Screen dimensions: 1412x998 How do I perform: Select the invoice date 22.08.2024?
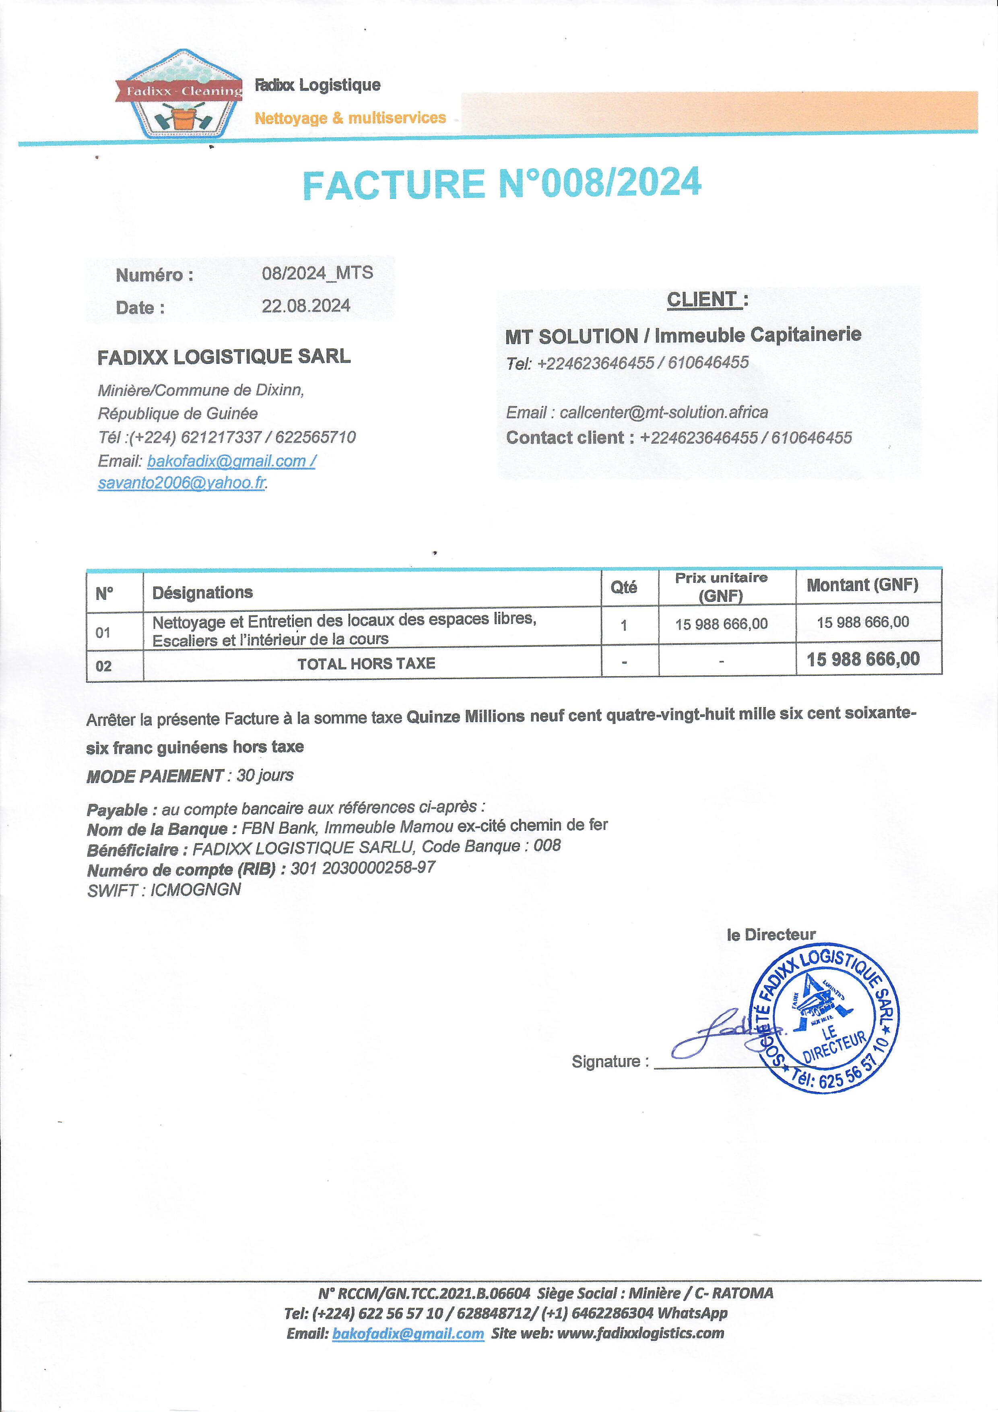click(x=305, y=306)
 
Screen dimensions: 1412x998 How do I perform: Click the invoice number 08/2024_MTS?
click(x=317, y=273)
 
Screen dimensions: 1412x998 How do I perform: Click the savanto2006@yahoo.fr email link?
click(x=181, y=483)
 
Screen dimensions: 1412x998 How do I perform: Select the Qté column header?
click(x=623, y=587)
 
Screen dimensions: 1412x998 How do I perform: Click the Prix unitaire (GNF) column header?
click(x=721, y=587)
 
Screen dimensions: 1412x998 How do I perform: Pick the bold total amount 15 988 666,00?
click(x=863, y=659)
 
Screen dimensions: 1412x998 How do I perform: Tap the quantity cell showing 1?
click(x=623, y=625)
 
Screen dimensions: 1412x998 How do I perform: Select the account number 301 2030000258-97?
click(x=363, y=868)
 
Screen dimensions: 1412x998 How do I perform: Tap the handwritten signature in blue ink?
click(x=720, y=1034)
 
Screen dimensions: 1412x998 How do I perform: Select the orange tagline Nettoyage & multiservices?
click(x=350, y=118)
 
